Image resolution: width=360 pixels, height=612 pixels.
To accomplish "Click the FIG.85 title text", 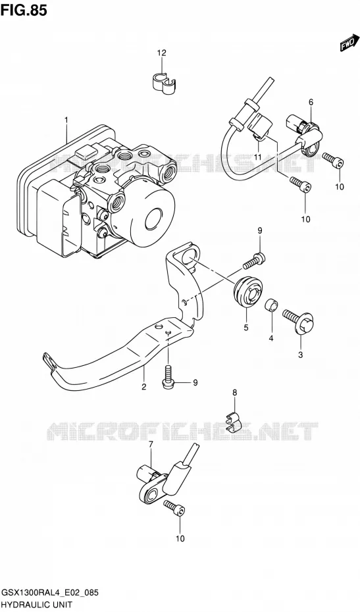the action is [x=24, y=10].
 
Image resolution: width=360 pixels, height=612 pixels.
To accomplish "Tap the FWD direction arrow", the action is [x=349, y=43].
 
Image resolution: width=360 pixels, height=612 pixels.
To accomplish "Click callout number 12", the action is [x=162, y=53].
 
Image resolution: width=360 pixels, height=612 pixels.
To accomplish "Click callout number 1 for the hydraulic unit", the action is [x=66, y=119].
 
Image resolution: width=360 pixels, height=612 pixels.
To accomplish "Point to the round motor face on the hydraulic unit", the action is [x=154, y=219].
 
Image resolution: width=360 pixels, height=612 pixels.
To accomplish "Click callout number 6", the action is [x=311, y=102].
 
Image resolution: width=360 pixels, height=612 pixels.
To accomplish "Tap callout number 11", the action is [x=257, y=157].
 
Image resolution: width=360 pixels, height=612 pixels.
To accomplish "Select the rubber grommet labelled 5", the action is [x=247, y=293].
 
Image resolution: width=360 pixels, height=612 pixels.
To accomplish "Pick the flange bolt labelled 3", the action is [x=299, y=321].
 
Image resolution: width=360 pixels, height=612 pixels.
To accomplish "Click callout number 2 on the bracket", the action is [x=143, y=387].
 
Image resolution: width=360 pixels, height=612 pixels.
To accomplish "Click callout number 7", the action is [x=151, y=445].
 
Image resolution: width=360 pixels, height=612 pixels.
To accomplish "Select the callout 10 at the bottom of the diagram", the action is [x=180, y=539].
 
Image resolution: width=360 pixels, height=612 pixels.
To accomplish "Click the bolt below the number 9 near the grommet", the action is [x=254, y=261].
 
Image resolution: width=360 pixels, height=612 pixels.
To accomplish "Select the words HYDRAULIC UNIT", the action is [x=37, y=605].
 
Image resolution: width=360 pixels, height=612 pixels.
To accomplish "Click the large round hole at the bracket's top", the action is [x=185, y=258].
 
